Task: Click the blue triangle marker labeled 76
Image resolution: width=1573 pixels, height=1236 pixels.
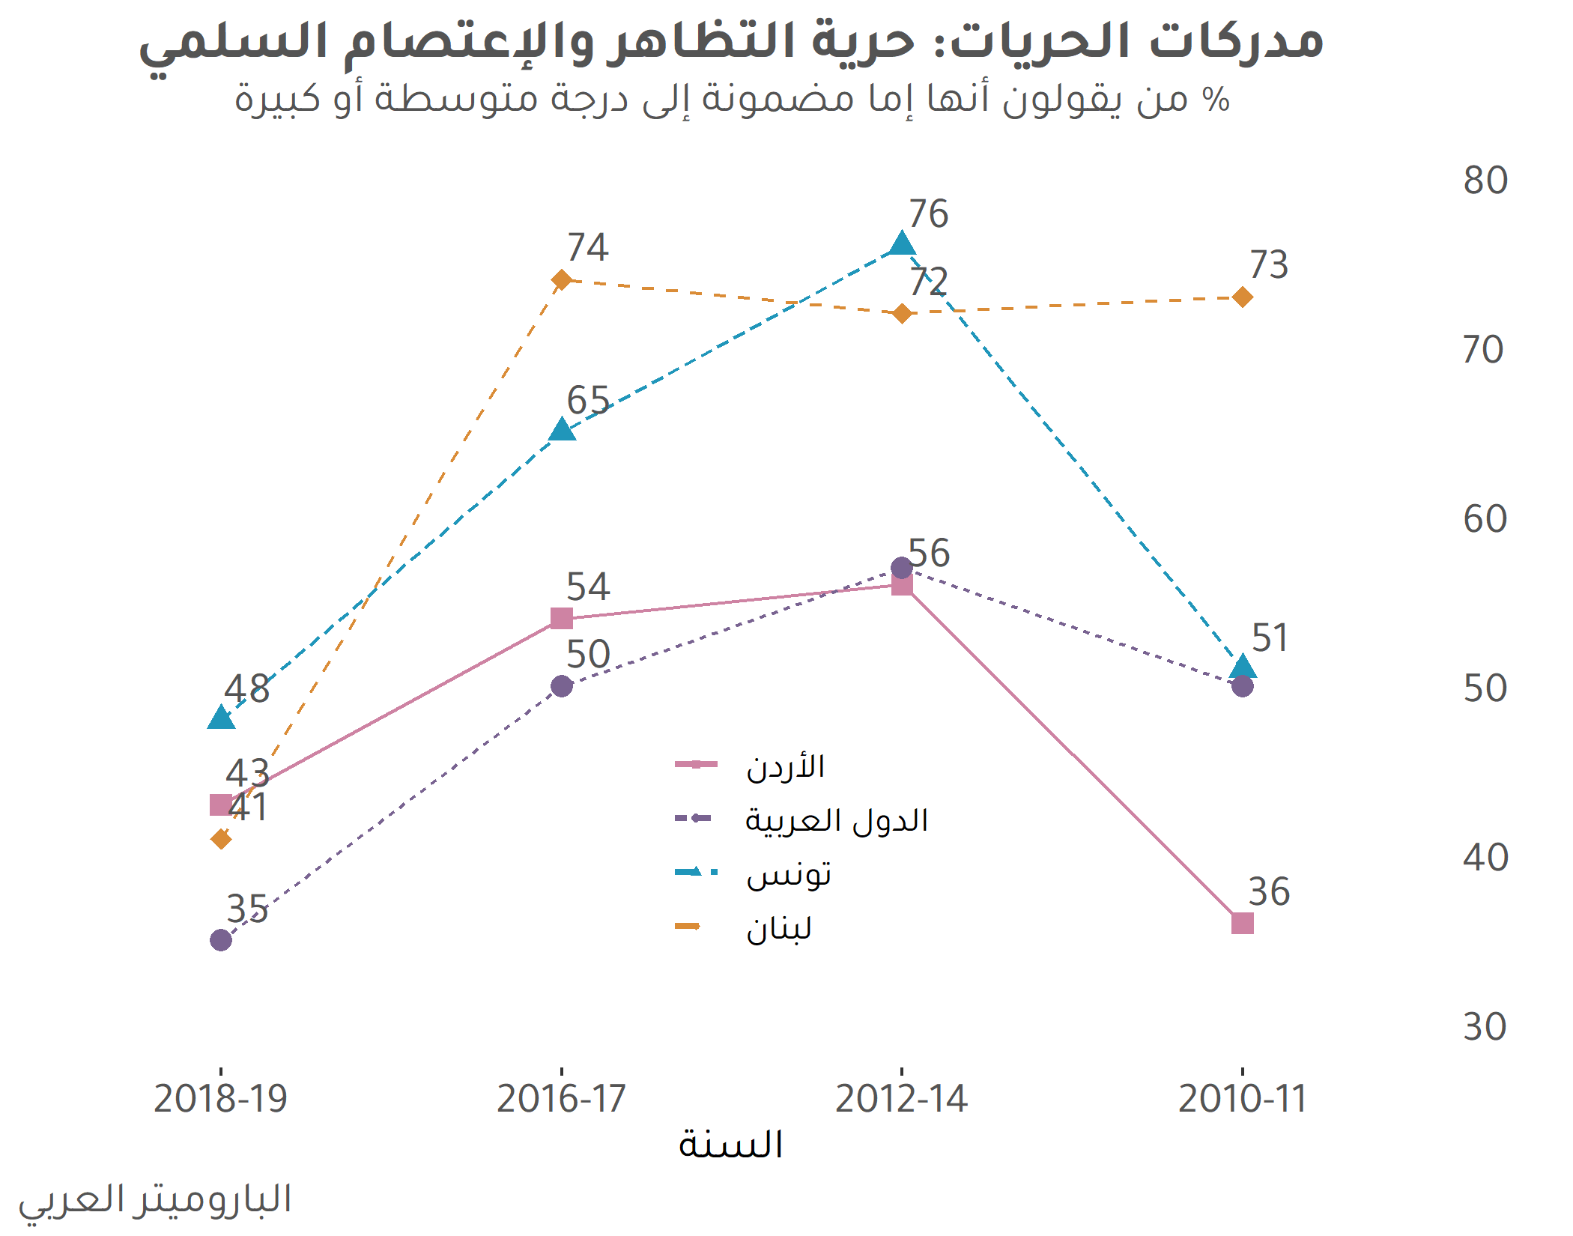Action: pos(902,244)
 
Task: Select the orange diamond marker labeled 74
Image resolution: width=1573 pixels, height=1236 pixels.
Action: pos(562,280)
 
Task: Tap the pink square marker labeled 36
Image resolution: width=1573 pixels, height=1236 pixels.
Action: pos(1242,923)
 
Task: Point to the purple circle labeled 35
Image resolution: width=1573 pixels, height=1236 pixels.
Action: pos(221,939)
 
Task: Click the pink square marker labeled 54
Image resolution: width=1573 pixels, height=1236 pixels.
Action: pos(562,618)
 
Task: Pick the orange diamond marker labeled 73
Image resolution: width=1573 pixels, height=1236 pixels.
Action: pos(1242,297)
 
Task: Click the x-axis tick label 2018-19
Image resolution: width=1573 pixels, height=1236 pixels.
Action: pos(221,1099)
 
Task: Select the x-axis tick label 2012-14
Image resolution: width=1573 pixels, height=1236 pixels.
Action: pos(902,1099)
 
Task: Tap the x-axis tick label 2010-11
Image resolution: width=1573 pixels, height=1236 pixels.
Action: pos(1242,1099)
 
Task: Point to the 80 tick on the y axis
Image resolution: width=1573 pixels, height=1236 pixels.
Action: pos(1485,181)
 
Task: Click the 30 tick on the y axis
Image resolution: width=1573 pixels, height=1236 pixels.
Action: pos(1485,1027)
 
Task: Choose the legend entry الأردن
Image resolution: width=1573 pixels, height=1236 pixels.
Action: pos(785,766)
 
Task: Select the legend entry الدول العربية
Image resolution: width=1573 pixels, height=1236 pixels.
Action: pos(836,820)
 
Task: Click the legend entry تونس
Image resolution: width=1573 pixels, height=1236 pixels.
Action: pos(789,874)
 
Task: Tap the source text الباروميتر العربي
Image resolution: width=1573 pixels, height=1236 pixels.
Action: pos(155,1200)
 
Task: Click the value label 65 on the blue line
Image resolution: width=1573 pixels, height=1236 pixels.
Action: pos(588,400)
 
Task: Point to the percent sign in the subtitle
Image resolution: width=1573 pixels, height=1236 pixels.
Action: pos(1215,99)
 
